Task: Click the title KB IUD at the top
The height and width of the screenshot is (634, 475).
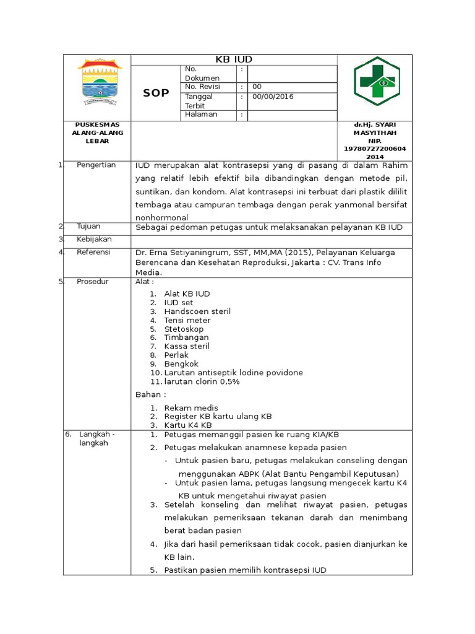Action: tap(233, 59)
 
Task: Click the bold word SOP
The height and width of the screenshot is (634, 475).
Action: tap(156, 93)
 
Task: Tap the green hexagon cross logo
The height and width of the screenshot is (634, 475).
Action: tap(376, 81)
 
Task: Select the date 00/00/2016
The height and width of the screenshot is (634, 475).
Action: tap(273, 97)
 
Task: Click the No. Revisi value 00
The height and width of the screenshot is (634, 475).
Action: tap(257, 87)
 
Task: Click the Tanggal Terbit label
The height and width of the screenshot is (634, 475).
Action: tap(199, 101)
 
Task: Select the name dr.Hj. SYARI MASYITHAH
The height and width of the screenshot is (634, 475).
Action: tap(374, 129)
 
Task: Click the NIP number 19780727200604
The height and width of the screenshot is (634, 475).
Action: tap(374, 149)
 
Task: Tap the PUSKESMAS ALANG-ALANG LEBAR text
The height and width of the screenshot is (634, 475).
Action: tap(97, 132)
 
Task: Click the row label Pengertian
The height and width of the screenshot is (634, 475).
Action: tap(96, 165)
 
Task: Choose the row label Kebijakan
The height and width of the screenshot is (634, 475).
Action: tap(94, 239)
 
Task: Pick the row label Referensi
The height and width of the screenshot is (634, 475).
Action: tap(93, 252)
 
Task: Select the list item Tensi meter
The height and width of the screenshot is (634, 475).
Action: tap(187, 321)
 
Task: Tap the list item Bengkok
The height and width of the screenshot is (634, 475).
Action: tap(181, 364)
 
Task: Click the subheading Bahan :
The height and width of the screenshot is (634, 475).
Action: tap(150, 394)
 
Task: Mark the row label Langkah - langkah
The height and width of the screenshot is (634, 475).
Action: tap(93, 438)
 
